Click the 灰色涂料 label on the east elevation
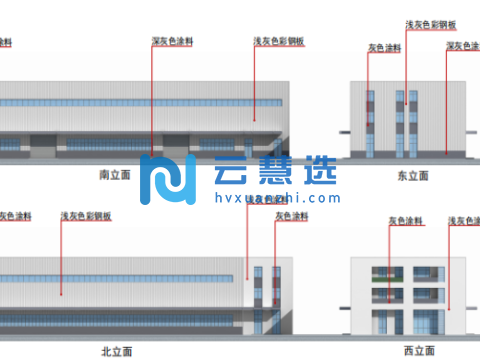[x=385, y=47]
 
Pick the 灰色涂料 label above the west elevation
[x=402, y=222]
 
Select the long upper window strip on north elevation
[x=120, y=276]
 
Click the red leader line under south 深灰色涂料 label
[x=152, y=100]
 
